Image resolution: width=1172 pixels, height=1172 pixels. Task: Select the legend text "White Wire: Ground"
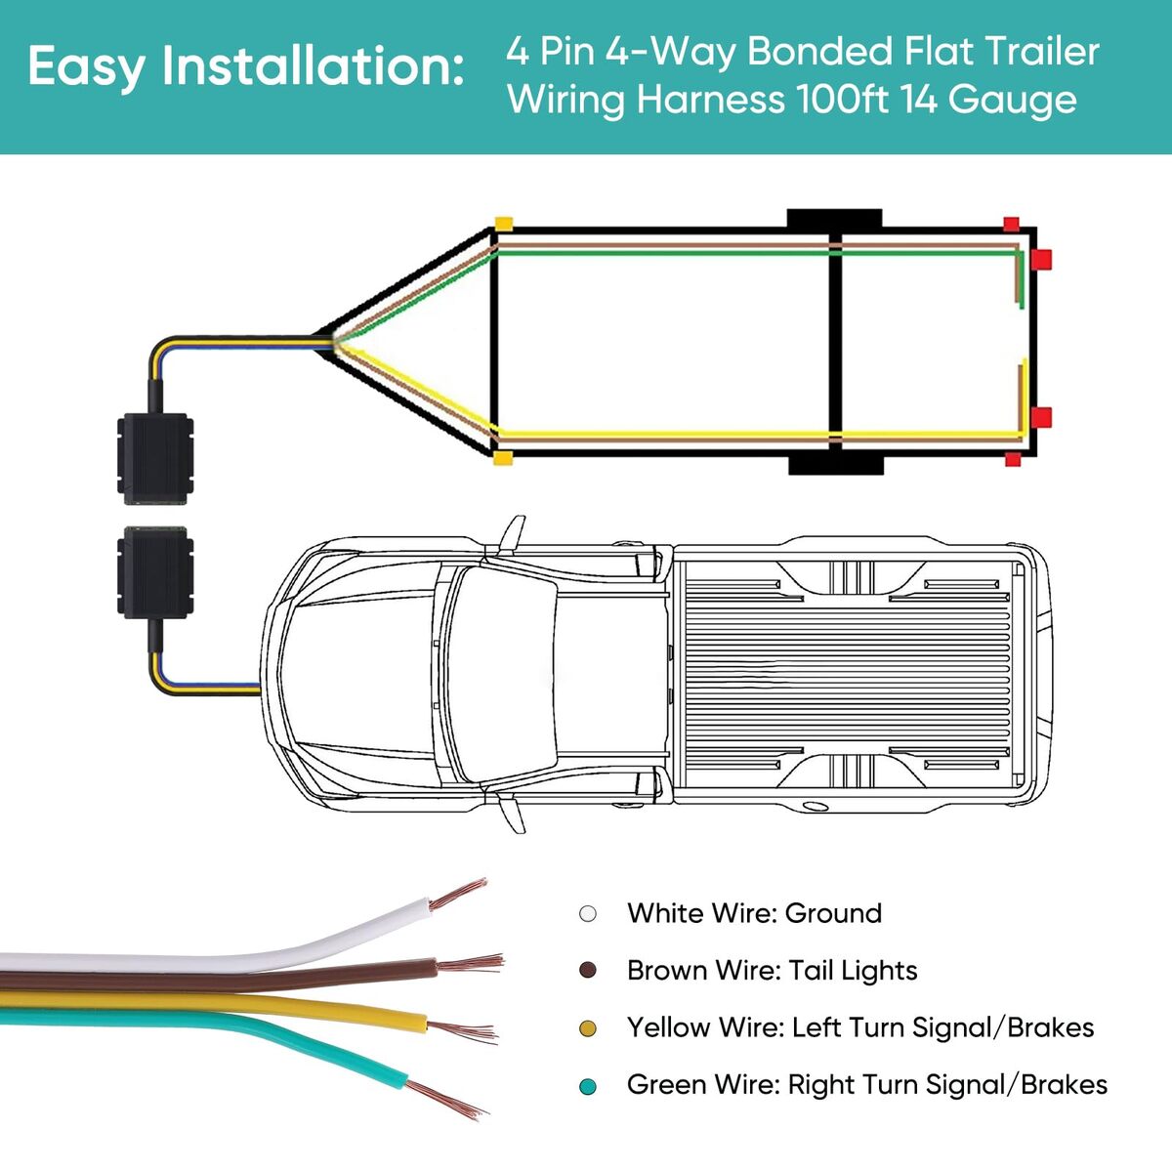754,913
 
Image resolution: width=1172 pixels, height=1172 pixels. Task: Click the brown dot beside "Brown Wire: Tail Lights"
588,971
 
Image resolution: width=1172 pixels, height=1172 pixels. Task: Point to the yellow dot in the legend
588,1028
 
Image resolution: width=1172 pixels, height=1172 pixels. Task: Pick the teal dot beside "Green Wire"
588,1086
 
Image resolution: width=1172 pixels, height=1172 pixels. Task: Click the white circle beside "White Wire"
588,914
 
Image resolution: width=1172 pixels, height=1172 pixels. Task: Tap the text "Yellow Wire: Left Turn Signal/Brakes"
859,1027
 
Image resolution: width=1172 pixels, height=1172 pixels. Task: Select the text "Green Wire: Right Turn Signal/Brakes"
866,1085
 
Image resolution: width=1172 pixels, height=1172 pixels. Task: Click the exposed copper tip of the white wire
459,894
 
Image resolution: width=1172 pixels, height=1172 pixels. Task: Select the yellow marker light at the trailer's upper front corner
503,224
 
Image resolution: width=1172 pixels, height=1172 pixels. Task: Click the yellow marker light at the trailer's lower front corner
503,458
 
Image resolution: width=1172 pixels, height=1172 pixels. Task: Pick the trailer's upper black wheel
835,219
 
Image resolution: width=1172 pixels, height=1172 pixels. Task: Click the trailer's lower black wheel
835,464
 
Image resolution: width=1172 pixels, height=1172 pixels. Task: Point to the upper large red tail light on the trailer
1041,260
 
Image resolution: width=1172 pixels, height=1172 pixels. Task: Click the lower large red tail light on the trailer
1041,418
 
